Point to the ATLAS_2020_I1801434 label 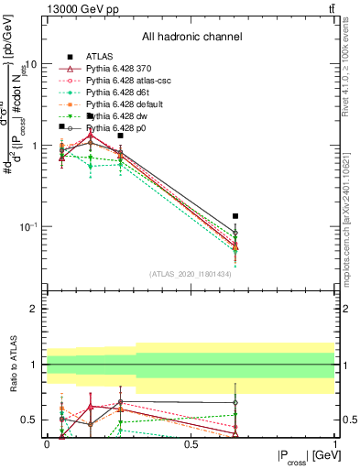191,273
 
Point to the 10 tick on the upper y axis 32,64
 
